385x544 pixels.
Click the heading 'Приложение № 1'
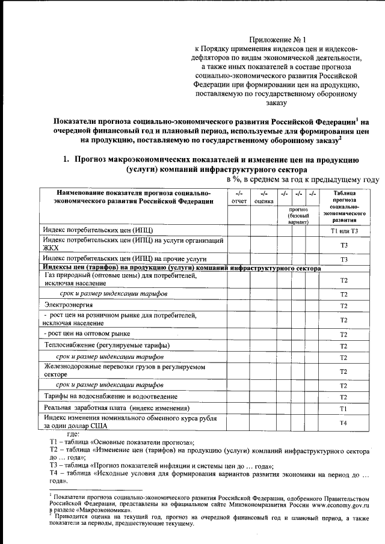coord(277,37)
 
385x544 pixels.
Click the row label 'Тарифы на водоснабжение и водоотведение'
coord(111,397)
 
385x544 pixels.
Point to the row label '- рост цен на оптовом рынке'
coord(87,334)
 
